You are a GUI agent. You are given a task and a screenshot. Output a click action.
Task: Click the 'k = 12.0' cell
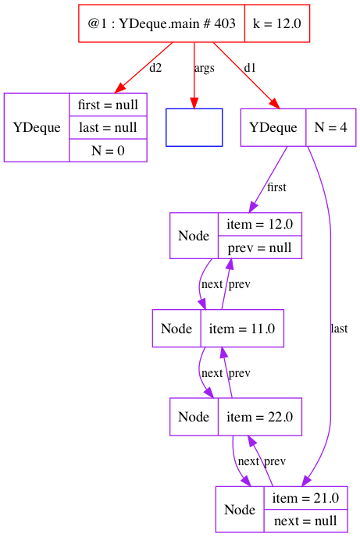(277, 23)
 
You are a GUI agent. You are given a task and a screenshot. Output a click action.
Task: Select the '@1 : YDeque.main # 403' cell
(162, 23)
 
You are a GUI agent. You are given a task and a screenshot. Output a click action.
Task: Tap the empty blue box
(194, 127)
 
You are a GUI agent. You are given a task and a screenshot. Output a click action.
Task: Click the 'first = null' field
(109, 105)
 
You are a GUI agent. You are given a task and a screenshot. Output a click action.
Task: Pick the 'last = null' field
(109, 127)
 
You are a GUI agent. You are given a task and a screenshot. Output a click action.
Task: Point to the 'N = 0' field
(109, 151)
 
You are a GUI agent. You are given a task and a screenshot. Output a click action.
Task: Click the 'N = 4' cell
(331, 127)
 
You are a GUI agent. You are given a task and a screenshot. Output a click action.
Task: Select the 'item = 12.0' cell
(260, 224)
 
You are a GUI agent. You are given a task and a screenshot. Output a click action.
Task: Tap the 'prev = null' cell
(260, 247)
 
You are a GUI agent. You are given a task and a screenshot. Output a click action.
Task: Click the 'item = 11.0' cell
(242, 329)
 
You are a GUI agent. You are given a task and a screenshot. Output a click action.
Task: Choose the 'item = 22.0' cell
(260, 417)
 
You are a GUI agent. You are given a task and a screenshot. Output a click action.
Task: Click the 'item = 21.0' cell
(306, 498)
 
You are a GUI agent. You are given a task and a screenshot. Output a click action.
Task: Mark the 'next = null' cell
(306, 521)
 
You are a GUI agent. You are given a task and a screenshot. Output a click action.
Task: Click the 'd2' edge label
(155, 68)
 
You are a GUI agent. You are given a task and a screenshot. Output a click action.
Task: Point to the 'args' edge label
(205, 69)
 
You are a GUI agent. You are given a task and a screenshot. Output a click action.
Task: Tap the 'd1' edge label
(250, 68)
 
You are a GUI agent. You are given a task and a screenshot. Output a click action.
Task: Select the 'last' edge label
(339, 329)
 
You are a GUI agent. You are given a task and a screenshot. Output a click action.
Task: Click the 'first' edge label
(276, 187)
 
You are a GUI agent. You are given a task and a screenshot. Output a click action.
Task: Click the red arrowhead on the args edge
(194, 104)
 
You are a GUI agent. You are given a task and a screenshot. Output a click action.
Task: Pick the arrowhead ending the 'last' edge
(307, 481)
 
